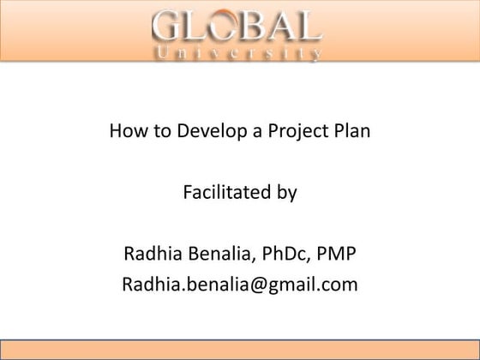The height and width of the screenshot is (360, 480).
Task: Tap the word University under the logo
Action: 238,55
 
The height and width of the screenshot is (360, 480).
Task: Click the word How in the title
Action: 125,133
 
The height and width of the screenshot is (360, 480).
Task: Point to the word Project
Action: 297,134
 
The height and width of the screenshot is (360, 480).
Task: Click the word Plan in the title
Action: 352,133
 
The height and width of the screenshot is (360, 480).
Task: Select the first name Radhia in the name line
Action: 150,254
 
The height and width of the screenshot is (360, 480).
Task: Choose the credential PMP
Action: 338,254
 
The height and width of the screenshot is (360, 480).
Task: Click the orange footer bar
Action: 240,351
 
